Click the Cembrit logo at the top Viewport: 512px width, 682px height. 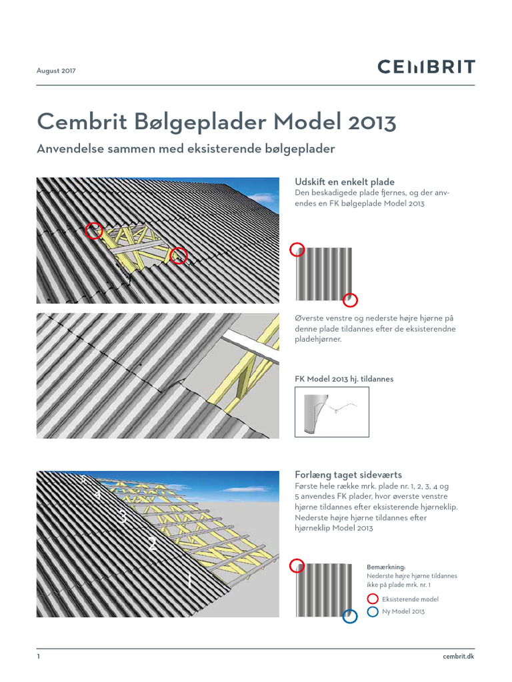click(x=426, y=67)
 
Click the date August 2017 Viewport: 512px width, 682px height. click(x=56, y=69)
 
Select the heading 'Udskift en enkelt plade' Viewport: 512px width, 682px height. click(x=345, y=182)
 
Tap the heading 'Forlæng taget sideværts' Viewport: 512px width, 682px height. click(x=348, y=475)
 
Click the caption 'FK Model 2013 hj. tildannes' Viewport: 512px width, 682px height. click(x=344, y=379)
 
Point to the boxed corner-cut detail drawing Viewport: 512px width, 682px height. click(x=331, y=412)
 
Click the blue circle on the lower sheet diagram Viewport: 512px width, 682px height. click(x=350, y=617)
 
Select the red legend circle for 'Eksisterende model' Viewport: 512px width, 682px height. click(x=373, y=599)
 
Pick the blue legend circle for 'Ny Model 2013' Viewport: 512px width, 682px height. click(x=373, y=611)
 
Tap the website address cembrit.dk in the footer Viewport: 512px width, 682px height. click(x=458, y=657)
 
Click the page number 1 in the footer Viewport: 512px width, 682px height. click(x=39, y=657)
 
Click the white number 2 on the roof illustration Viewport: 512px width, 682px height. click(x=153, y=544)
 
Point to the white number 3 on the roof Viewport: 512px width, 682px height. click(x=123, y=516)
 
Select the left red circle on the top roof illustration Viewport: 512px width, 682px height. click(x=94, y=230)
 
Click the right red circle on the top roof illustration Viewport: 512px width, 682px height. click(x=179, y=255)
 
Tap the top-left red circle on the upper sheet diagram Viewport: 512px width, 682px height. click(x=297, y=250)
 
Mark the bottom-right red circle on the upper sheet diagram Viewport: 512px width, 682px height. click(x=351, y=300)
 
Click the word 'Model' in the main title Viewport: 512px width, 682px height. click(x=305, y=123)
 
